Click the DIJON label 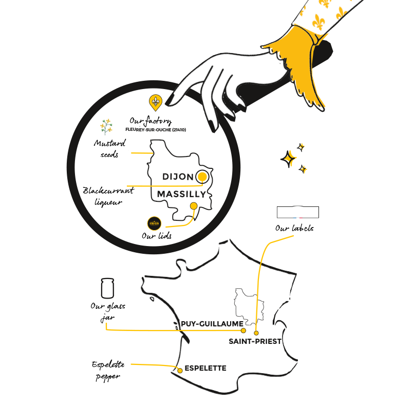click(x=178, y=177)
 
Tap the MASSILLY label click(x=181, y=194)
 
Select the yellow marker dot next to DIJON click(x=202, y=178)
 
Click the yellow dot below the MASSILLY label click(x=194, y=206)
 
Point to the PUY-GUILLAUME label click(x=210, y=323)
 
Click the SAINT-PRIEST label click(x=255, y=340)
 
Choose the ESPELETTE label click(x=205, y=369)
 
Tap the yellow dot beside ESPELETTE click(x=180, y=370)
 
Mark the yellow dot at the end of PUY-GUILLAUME click(x=243, y=330)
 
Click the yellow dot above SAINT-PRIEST click(x=256, y=333)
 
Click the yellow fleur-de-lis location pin click(x=155, y=102)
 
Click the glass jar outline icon click(x=107, y=288)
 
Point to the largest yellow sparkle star click(x=290, y=158)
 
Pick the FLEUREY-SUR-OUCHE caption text click(x=156, y=131)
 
